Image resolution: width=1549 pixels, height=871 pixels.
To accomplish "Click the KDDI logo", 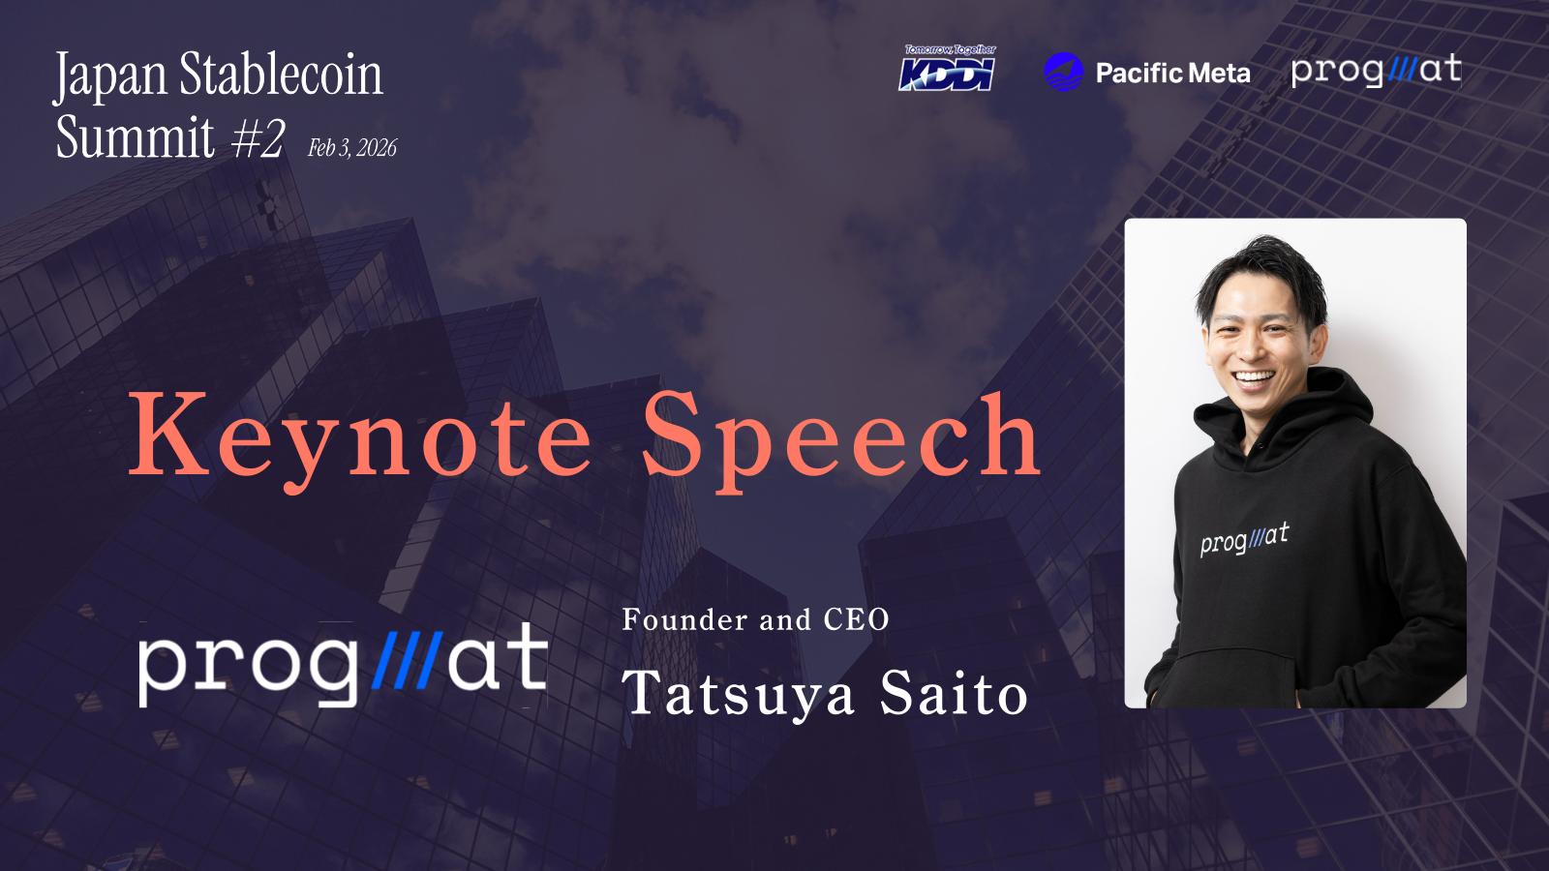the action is (948, 69).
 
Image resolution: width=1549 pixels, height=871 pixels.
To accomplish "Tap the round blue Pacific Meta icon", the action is (1064, 72).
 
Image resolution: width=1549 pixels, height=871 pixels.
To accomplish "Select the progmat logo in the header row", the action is (1376, 71).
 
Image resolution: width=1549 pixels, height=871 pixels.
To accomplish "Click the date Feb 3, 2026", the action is (352, 148).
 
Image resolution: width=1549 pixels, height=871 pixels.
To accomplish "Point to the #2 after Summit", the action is (258, 137).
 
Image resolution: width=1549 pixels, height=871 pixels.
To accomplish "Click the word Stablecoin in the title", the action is (282, 74).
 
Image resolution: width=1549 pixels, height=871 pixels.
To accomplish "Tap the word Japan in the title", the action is (110, 77).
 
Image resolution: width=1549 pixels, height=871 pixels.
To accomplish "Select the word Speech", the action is (841, 439).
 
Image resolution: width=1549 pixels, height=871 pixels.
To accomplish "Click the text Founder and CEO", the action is (755, 619).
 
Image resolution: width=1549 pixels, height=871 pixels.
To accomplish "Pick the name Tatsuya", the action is (739, 694).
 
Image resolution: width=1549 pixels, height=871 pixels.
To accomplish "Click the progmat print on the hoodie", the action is (1245, 539).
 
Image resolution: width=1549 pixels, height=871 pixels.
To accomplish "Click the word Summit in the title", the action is (136, 137).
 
